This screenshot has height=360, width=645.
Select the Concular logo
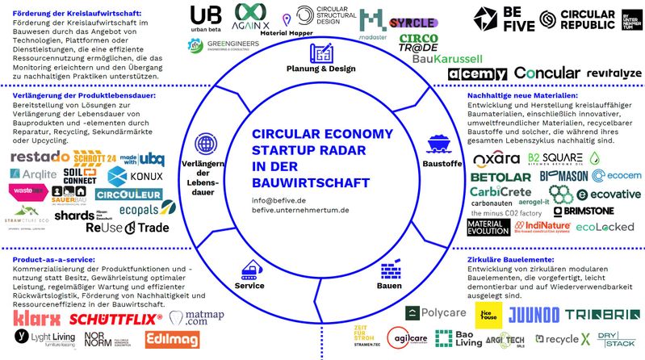(x=547, y=73)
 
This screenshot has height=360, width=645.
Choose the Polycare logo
(x=433, y=312)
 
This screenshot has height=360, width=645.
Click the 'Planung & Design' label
(x=320, y=69)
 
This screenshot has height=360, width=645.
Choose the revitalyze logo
(x=614, y=73)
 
